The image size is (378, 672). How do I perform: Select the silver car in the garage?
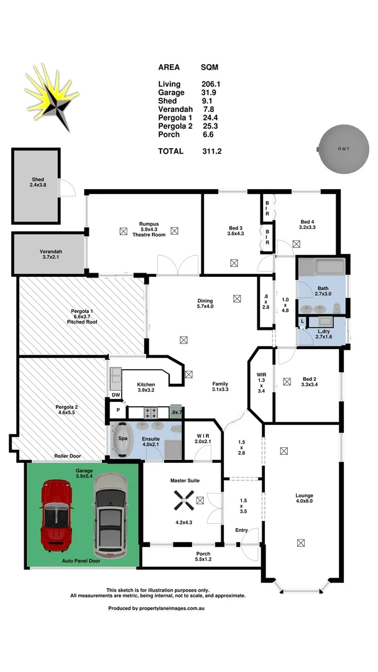pos(109,515)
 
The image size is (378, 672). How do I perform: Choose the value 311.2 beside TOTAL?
pos(212,151)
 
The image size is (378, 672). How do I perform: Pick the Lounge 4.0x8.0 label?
pos(305,500)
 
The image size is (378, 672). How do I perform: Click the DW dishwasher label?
pos(116,395)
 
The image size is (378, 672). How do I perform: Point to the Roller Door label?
pos(67,456)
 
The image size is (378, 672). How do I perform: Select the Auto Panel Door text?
pos(81,561)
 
